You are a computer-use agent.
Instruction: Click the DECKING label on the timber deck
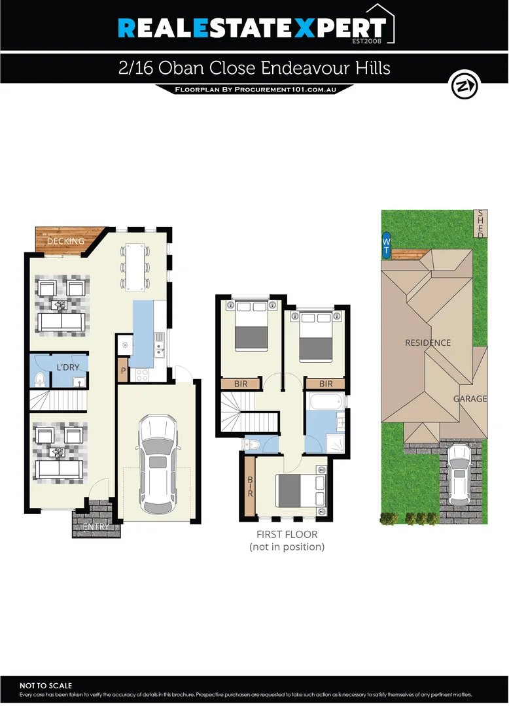point(65,241)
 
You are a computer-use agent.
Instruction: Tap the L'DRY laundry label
point(67,367)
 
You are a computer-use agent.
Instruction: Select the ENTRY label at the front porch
point(96,527)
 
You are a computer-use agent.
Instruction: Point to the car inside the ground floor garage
point(157,465)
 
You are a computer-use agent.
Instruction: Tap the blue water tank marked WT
point(386,246)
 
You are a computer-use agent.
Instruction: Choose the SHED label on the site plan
point(480,224)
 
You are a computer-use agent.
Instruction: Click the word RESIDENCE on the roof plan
point(428,343)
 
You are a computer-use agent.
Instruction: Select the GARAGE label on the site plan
point(470,399)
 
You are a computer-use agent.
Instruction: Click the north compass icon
point(465,86)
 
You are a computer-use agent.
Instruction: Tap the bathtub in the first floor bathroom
point(325,400)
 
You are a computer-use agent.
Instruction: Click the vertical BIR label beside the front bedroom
point(249,485)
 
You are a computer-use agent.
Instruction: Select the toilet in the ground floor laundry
point(39,378)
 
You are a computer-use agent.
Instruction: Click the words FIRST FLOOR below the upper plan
point(287,534)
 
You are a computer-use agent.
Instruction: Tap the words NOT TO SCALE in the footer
point(46,686)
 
